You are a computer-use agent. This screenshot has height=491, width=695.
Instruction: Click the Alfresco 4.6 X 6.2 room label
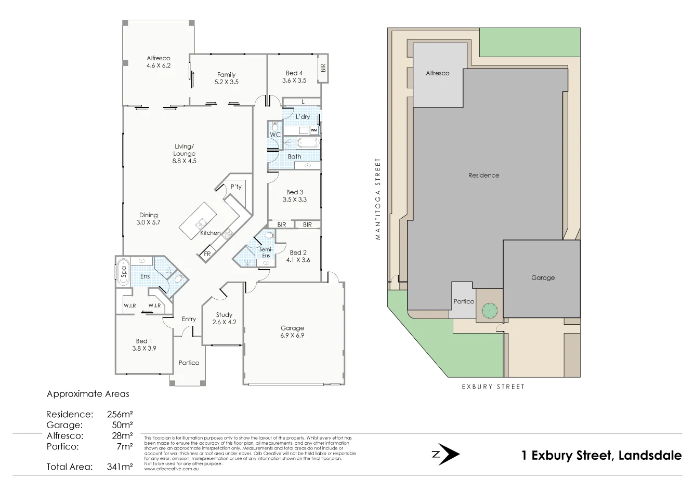tap(159, 62)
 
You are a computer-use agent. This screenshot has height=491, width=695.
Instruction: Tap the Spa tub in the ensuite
tap(123, 271)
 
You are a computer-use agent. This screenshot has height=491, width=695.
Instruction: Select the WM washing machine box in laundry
tap(313, 130)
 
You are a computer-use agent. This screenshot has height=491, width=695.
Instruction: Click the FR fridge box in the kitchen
tap(206, 254)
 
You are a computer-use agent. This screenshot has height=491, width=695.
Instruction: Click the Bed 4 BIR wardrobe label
tap(323, 68)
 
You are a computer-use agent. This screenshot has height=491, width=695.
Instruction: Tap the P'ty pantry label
tap(236, 187)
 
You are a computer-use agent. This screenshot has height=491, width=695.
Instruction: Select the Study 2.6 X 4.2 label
tap(224, 318)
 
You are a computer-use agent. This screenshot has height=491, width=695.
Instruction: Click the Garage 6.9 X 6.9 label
tap(292, 331)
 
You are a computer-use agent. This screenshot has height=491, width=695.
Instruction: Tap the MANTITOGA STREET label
tap(378, 199)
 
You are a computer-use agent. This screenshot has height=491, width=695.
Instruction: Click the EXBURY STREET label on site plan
tap(493, 387)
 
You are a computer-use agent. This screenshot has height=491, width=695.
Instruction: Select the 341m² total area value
tap(119, 467)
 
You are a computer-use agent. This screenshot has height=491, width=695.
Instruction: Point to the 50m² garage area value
tap(123, 425)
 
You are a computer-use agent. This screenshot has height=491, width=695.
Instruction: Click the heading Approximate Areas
tap(88, 394)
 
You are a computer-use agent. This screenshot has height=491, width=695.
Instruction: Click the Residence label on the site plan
tap(483, 176)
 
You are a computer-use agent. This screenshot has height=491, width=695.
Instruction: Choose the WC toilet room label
tap(275, 135)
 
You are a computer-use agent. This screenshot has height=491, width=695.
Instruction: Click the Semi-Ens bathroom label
tap(266, 253)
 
